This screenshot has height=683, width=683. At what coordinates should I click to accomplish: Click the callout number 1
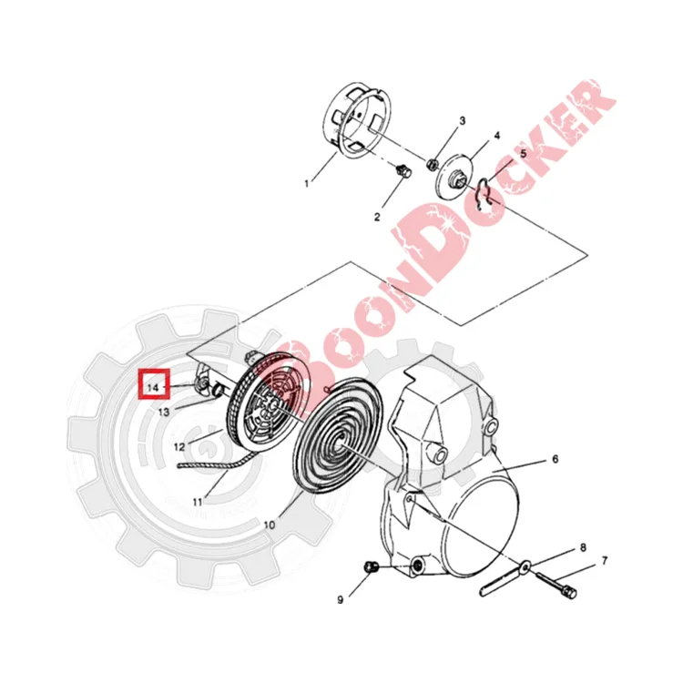[x=306, y=183]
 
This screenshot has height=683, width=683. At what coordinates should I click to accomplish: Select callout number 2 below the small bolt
[x=377, y=217]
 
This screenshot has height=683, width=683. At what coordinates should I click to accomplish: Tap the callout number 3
[x=462, y=120]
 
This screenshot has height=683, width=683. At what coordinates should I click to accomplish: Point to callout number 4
[x=497, y=136]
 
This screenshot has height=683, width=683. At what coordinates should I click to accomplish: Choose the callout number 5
[x=523, y=153]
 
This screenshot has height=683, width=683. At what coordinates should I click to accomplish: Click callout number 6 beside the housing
[x=555, y=459]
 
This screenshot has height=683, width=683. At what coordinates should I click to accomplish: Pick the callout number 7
[x=604, y=561]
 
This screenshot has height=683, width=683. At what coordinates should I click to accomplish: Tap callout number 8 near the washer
[x=583, y=547]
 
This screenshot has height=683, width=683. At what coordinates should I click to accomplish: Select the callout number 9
[x=341, y=600]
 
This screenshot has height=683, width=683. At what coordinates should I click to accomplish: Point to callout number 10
[x=270, y=525]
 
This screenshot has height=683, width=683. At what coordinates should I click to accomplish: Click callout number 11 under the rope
[x=198, y=502]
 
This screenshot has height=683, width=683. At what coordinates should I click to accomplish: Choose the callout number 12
[x=179, y=447]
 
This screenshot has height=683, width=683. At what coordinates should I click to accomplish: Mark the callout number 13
[x=164, y=412]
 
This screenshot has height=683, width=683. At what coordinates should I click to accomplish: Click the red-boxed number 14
[x=153, y=387]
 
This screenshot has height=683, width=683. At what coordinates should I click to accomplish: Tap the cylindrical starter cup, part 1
[x=358, y=120]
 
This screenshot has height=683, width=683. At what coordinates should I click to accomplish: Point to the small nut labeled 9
[x=369, y=567]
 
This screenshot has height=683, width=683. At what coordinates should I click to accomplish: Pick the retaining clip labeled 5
[x=483, y=194]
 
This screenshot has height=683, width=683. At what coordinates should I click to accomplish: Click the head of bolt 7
[x=570, y=592]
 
